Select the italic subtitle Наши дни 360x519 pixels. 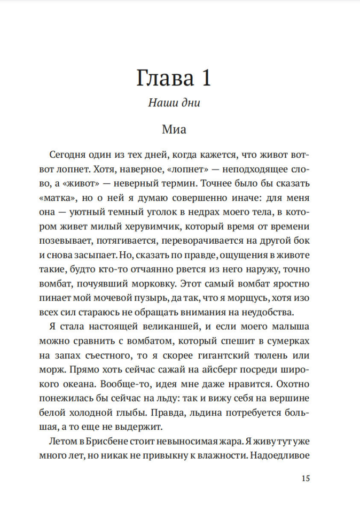(x=174, y=103)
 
